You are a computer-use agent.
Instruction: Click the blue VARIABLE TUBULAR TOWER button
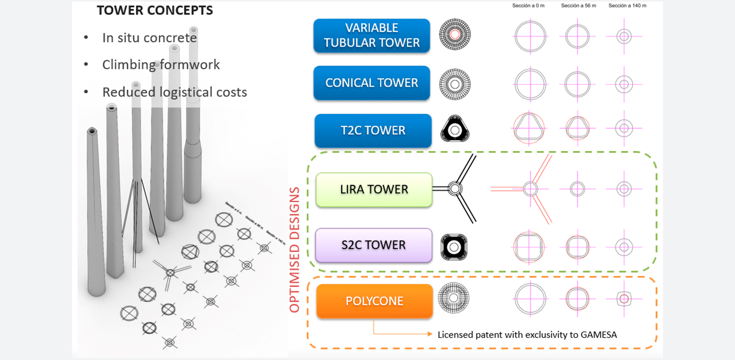tap(371, 35)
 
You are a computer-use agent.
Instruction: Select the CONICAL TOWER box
tap(371, 83)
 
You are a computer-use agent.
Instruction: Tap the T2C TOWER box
tap(373, 130)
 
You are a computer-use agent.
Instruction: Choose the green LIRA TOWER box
tap(374, 190)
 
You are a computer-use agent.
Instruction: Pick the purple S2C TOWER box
tap(374, 245)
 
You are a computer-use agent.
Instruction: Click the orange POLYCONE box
tap(374, 301)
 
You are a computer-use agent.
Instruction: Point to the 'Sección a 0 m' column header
tap(528, 6)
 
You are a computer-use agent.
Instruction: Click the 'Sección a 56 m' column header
tap(578, 6)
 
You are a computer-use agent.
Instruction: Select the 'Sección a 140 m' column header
tap(627, 6)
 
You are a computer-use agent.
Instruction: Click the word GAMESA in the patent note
tap(599, 335)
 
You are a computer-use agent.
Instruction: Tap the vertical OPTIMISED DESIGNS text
tap(294, 250)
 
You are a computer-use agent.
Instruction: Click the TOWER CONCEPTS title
tap(155, 10)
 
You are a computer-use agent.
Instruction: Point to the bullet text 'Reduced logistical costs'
tap(175, 92)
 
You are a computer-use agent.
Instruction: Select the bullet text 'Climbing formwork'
tap(161, 65)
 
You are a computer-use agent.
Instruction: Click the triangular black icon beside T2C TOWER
tap(455, 129)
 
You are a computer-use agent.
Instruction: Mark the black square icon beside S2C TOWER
tap(454, 247)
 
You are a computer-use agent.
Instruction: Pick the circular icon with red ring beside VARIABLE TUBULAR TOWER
tap(455, 34)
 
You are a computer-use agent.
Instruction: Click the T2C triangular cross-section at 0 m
tap(529, 128)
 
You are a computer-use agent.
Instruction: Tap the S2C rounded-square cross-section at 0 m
tap(529, 247)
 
